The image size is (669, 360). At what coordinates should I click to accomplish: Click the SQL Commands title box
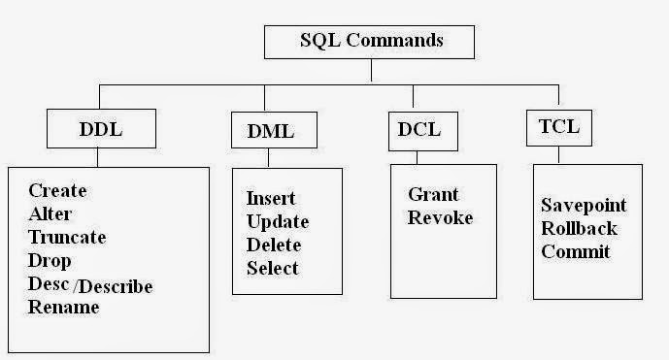coord(369,42)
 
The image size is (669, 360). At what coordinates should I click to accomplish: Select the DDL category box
coord(99,129)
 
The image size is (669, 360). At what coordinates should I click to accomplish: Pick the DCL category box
coord(421,129)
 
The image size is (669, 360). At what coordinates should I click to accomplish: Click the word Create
coord(57,191)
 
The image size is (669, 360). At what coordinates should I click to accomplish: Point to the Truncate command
coord(67,238)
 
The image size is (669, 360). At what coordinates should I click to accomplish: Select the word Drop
coord(50,261)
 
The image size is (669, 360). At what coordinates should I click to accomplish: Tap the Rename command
coord(63,308)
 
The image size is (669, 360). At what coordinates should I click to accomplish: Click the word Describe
coord(116,285)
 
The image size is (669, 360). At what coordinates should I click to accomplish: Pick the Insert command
coord(271,198)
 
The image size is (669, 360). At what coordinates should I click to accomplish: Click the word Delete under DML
coord(273,245)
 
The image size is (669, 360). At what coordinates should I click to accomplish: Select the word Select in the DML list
coord(273,268)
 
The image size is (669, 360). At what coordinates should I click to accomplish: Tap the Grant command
coord(433,194)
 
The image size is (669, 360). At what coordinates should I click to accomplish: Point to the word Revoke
coord(440,217)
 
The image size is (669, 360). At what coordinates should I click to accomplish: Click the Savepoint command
coord(584,206)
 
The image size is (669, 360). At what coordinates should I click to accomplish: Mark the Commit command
coord(576,251)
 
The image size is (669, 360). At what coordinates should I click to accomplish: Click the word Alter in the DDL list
coord(50,214)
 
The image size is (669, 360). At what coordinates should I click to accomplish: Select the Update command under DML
coord(277,221)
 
